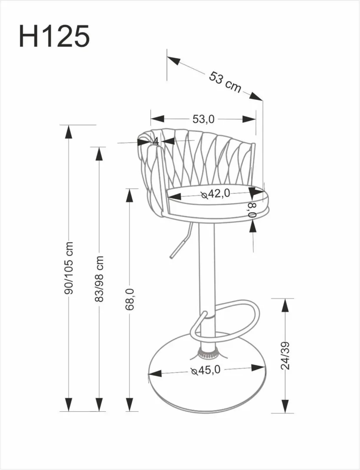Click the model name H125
54,36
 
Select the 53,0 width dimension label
203,119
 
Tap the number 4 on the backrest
155,141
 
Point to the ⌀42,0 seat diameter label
216,194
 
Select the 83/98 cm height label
99,279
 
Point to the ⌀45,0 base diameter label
207,370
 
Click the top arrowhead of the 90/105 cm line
68,131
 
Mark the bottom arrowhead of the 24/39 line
285,406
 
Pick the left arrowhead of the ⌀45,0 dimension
155,373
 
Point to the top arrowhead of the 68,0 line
130,195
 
